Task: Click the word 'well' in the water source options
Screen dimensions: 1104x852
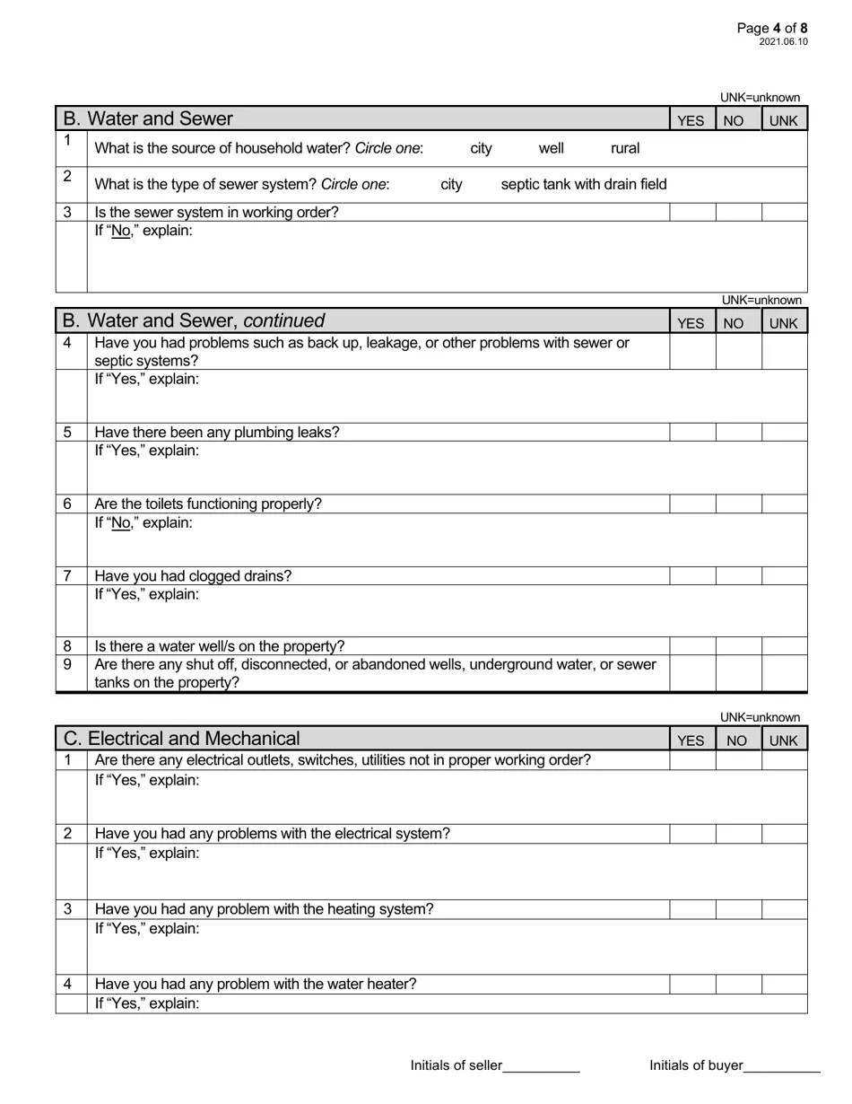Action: click(x=551, y=148)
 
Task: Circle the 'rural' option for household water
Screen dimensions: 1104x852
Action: click(x=625, y=148)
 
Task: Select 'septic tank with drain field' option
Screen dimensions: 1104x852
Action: click(x=584, y=184)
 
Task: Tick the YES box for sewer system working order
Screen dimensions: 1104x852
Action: click(x=692, y=212)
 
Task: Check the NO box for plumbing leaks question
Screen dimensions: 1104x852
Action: click(x=739, y=432)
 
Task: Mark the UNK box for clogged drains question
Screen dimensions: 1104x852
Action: click(x=785, y=575)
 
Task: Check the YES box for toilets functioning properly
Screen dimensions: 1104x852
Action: click(x=692, y=504)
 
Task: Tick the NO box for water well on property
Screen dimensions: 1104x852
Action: click(x=739, y=646)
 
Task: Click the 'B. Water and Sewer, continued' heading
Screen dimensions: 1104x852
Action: click(x=194, y=320)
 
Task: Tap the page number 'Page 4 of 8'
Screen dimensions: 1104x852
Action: click(x=772, y=28)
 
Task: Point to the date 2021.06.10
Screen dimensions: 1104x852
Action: click(x=783, y=41)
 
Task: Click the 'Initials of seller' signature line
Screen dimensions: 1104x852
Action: click(x=541, y=1066)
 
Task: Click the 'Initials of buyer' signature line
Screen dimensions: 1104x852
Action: click(x=781, y=1066)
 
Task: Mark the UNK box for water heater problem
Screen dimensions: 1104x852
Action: click(x=785, y=984)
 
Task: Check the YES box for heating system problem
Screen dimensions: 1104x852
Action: click(x=692, y=908)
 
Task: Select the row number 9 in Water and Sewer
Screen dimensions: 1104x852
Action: click(x=67, y=664)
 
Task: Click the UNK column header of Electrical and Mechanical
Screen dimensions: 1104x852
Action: click(x=783, y=740)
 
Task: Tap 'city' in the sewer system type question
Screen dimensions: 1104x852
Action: click(x=451, y=184)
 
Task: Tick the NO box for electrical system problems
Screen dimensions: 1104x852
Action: click(x=739, y=833)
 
